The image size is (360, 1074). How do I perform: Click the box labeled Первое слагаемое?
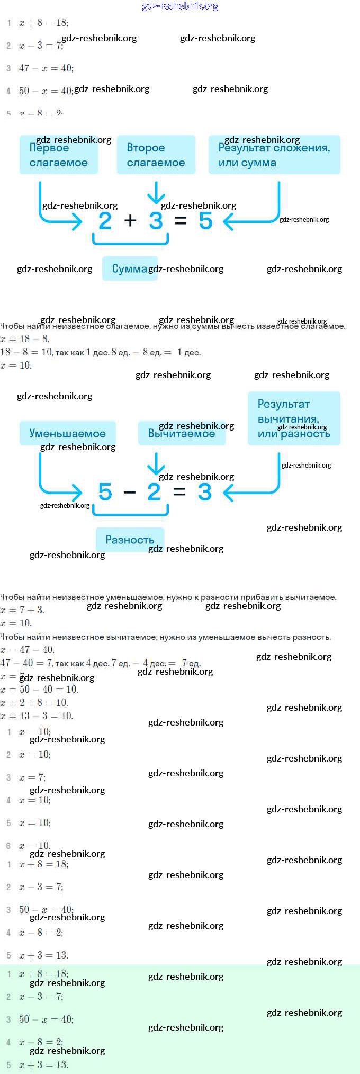pyautogui.click(x=59, y=155)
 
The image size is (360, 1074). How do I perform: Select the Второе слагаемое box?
pyautogui.click(x=156, y=155)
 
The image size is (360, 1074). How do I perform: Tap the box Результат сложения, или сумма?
pyautogui.click(x=274, y=155)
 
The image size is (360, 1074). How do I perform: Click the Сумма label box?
pyautogui.click(x=129, y=268)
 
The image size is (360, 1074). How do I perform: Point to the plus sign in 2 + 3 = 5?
pyautogui.click(x=130, y=220)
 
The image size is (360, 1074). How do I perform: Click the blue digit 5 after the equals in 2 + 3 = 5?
pyautogui.click(x=205, y=220)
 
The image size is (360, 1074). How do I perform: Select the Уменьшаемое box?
pyautogui.click(x=67, y=433)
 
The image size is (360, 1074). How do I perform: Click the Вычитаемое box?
pyautogui.click(x=181, y=433)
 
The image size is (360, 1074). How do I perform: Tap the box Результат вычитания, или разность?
pyautogui.click(x=294, y=418)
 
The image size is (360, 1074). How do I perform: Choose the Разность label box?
pyautogui.click(x=130, y=540)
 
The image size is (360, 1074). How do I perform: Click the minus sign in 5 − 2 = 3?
pyautogui.click(x=129, y=492)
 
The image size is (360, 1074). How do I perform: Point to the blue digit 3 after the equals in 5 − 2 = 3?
pyautogui.click(x=205, y=492)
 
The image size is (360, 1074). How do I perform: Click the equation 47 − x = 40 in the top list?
pyautogui.click(x=46, y=68)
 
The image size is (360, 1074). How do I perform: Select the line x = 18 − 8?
pyautogui.click(x=25, y=339)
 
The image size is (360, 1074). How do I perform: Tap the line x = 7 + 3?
pyautogui.click(x=23, y=610)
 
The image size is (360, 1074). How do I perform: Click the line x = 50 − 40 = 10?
pyautogui.click(x=40, y=690)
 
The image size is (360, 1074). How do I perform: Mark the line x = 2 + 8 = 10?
pyautogui.click(x=35, y=703)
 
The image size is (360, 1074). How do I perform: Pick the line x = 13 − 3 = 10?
pyautogui.click(x=37, y=716)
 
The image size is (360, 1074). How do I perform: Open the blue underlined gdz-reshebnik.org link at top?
pyautogui.click(x=180, y=6)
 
